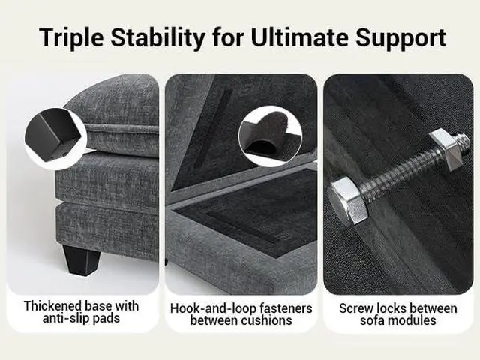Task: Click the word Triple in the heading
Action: [x=72, y=38]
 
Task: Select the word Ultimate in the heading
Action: [x=299, y=37]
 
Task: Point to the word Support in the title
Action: [x=400, y=38]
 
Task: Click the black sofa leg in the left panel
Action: [x=82, y=259]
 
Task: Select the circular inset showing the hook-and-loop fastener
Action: [x=270, y=136]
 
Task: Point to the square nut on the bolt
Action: [x=446, y=148]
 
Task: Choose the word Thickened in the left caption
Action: [x=52, y=306]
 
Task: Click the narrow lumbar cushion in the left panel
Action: [x=121, y=140]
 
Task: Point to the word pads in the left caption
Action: [x=106, y=318]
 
